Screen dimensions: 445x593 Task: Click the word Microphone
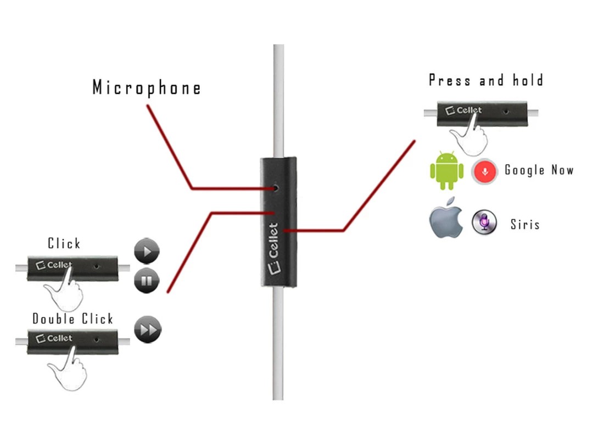coord(147,88)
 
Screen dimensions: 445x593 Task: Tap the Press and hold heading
coord(486,81)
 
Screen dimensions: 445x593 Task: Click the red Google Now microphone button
coord(484,171)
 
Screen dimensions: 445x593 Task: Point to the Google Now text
coord(539,170)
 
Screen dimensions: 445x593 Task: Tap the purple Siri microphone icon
coord(484,222)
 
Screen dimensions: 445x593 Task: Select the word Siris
coord(525,224)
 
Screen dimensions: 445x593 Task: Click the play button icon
coord(147,252)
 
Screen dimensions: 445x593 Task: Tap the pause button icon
coord(147,281)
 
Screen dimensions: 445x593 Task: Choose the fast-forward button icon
coord(148,329)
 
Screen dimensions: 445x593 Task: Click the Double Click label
coord(72,319)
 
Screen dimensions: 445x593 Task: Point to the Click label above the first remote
coord(64,243)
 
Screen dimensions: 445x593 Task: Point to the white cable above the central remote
coord(278,99)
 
